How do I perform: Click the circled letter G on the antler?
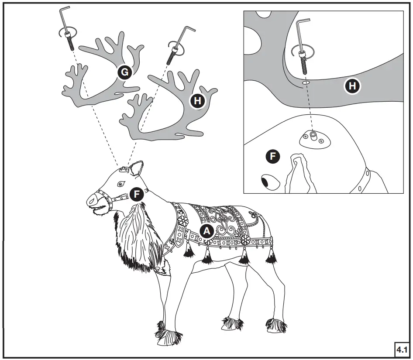125,72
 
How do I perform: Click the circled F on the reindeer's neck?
138,194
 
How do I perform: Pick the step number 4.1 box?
401,349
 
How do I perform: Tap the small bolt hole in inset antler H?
306,82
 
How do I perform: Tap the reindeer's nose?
93,200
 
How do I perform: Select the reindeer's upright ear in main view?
138,169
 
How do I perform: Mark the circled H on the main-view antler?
198,101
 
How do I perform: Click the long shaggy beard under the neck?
135,236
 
